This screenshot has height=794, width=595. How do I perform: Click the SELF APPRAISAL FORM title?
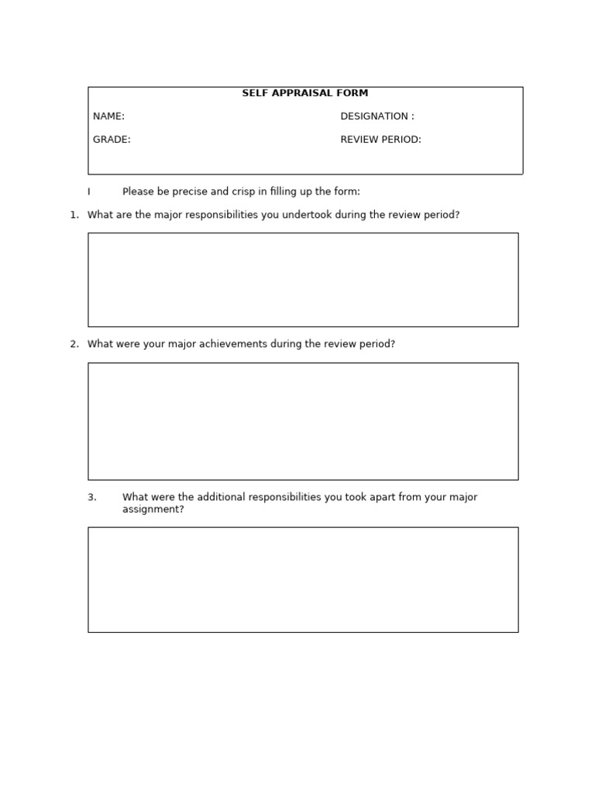(304, 93)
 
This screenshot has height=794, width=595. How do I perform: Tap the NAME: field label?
(108, 116)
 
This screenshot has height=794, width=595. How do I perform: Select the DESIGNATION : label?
(377, 116)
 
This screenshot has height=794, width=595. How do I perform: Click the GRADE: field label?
(112, 140)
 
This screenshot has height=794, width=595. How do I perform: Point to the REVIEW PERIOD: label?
(380, 140)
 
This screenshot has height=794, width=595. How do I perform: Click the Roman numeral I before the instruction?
(89, 192)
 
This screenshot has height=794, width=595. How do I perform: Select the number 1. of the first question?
(74, 215)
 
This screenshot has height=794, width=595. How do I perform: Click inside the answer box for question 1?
(303, 279)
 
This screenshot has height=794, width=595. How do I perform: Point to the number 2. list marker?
(74, 343)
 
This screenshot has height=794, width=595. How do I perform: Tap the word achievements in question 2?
(233, 343)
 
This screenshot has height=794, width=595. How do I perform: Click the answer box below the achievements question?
(303, 421)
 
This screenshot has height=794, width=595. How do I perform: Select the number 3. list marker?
(92, 497)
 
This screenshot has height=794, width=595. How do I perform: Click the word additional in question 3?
(220, 497)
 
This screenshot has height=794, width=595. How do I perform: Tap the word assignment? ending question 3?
(153, 509)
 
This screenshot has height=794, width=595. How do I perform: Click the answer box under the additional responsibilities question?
(303, 579)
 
